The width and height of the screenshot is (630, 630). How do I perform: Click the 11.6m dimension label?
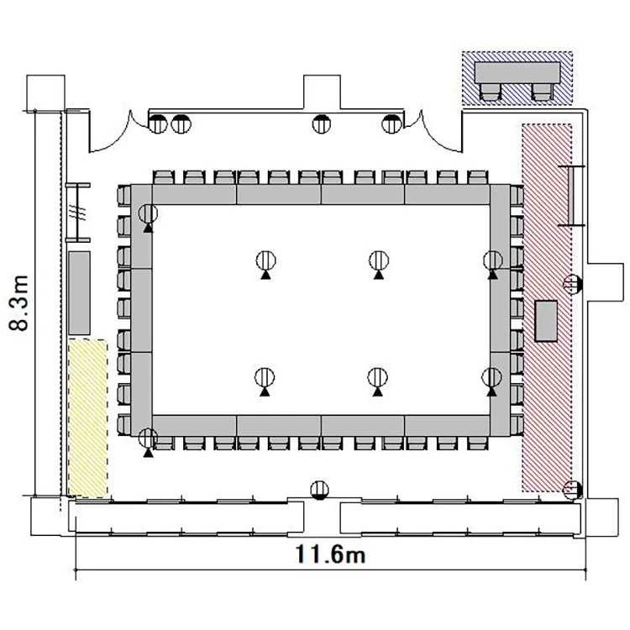coord(330,554)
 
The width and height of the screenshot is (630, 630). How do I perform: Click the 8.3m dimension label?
coord(18,303)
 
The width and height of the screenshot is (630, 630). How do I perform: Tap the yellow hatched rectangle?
coord(87,417)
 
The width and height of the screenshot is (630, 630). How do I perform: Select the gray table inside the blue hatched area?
coord(517,72)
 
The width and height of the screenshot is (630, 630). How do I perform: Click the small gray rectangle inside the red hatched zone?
coord(546,321)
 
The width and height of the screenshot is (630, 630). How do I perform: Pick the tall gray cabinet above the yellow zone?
coord(79,293)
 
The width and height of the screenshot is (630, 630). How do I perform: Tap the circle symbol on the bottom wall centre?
coord(320,491)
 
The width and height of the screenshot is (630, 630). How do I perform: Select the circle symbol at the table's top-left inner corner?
coord(148,213)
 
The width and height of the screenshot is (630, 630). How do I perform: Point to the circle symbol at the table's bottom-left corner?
coord(148,438)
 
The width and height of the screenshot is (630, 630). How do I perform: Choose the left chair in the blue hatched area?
coord(491,92)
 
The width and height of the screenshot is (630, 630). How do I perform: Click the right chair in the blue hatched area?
coord(543,92)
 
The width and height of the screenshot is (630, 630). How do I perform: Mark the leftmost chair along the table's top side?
coord(164,177)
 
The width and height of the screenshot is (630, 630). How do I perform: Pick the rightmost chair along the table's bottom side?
coord(478,444)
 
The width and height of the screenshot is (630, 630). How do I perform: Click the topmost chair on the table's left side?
coord(124,196)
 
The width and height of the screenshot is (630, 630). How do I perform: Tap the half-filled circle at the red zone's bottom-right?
coord(572,490)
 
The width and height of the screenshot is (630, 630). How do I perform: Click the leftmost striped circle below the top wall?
coord(158,123)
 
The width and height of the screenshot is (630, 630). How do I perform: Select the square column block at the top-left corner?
coord(45,92)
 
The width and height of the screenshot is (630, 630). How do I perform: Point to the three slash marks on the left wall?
coord(77,212)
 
